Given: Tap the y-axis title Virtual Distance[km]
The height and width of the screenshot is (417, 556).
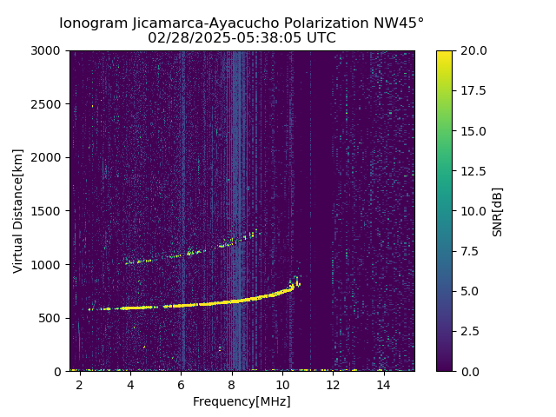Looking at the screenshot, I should [x=18, y=211].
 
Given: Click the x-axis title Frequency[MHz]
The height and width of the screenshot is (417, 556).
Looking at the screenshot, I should [x=242, y=401].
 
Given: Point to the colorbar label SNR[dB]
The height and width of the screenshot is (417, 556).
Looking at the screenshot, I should [x=498, y=211].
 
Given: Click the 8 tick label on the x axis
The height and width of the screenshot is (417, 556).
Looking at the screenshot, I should [x=232, y=384].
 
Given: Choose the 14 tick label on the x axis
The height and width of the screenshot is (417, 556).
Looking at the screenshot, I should [x=383, y=384].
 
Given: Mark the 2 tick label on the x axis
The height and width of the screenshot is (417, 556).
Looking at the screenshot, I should [x=80, y=384].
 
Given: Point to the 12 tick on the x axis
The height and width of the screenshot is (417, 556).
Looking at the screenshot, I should [x=333, y=384].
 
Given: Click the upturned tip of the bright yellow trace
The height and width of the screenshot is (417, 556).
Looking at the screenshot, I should [x=295, y=279].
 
